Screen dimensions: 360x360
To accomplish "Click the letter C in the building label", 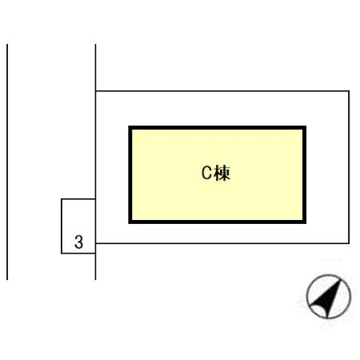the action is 206,173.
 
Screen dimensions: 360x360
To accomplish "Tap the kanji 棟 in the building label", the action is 222,173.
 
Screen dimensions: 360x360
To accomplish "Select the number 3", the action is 78,242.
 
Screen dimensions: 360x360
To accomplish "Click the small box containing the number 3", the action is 78,226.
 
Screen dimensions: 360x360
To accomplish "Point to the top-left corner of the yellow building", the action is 129,126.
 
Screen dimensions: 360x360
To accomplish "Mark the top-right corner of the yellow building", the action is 306,126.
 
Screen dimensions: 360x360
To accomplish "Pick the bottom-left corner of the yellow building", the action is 129,223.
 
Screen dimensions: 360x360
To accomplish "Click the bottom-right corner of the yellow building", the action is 306,223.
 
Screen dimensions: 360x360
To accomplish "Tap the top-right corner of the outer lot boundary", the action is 349,91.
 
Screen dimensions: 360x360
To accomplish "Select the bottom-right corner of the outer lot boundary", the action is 349,243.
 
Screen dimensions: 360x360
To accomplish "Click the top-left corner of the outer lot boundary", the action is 95,91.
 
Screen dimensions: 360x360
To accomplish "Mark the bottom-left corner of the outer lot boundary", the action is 95,243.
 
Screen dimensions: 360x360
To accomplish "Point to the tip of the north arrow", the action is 340,280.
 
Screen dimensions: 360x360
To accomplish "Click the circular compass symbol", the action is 329,297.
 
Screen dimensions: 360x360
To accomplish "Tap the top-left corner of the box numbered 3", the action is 62,199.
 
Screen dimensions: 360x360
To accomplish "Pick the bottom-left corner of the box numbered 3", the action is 62,254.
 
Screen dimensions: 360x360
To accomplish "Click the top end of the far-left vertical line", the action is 7,44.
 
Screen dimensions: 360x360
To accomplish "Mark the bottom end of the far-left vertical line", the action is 7,280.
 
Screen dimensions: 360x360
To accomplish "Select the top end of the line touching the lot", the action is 95,44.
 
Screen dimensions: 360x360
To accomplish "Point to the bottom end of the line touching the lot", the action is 95,280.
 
